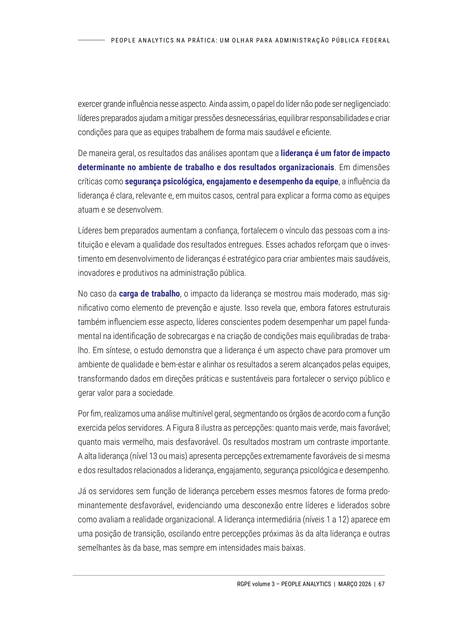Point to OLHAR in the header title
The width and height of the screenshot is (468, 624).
point(242,40)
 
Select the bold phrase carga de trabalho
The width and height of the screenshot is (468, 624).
point(149,294)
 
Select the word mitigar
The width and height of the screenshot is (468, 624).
point(181,118)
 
